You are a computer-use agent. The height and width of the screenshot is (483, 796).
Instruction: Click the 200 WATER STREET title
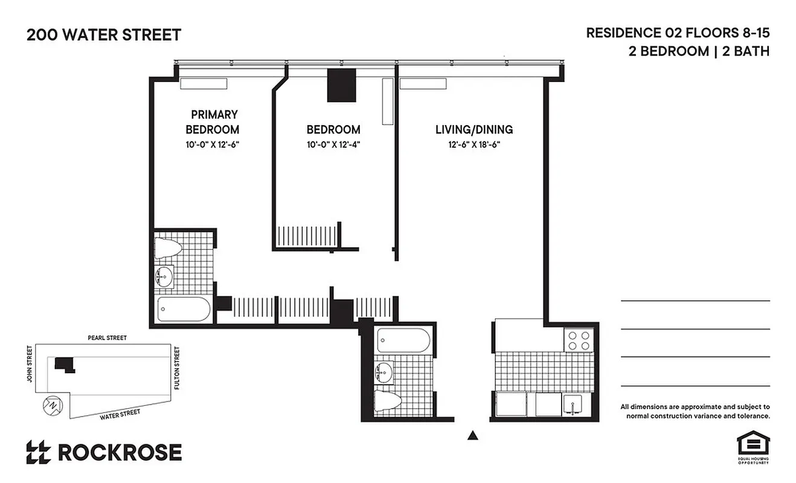point(104,35)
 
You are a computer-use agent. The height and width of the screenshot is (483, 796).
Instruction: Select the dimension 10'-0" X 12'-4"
point(333,145)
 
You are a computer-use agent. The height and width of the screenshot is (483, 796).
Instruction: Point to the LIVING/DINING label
point(474,129)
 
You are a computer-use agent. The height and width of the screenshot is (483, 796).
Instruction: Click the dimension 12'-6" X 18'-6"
point(474,145)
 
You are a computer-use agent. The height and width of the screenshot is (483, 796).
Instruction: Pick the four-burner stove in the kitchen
point(579,341)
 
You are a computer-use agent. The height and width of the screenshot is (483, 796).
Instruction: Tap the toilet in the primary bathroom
point(168,248)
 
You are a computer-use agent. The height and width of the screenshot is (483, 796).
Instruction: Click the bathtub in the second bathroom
point(404,341)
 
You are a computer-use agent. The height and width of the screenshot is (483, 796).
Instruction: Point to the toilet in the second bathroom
point(387,401)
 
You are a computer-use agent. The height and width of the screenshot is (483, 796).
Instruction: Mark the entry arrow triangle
point(473,435)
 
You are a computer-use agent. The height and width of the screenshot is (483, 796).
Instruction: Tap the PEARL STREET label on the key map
point(107,338)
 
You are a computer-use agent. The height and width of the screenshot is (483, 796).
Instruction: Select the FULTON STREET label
point(177,367)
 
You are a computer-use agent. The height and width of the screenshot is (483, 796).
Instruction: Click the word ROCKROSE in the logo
point(120,452)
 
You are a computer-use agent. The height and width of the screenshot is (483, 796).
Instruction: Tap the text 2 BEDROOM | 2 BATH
point(699,51)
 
